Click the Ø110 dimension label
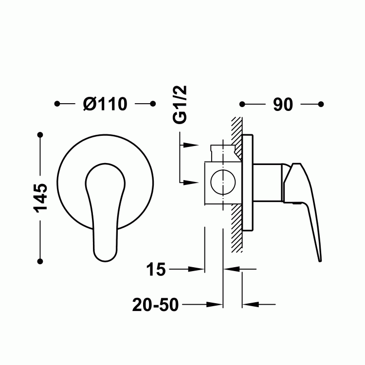click(105, 104)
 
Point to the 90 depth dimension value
click(282, 104)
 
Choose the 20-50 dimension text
click(155, 305)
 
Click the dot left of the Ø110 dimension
click(57, 104)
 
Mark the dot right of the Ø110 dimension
click(153, 104)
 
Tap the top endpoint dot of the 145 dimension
click(40, 134)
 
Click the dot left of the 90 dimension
click(242, 104)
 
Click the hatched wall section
click(237, 214)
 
